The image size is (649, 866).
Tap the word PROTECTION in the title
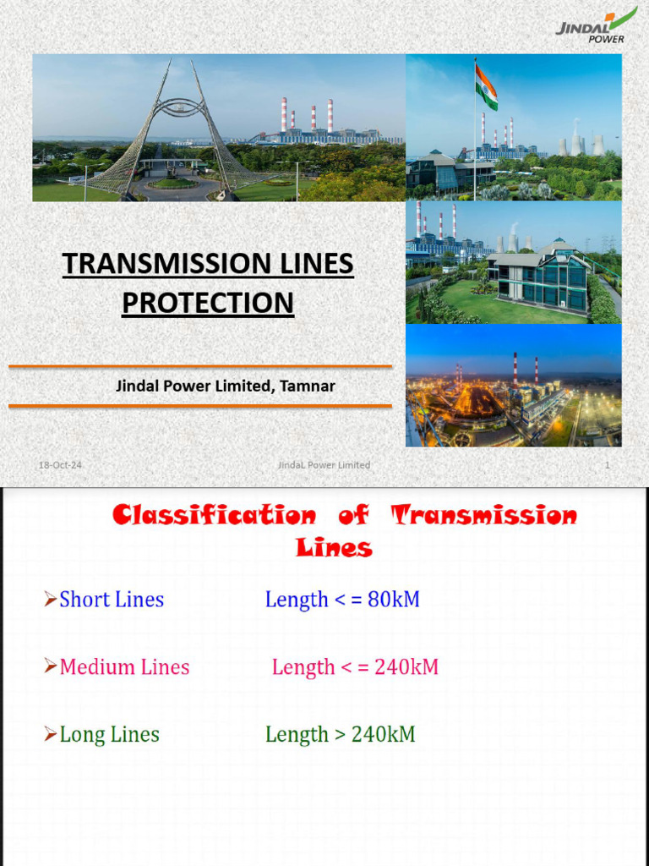[x=208, y=302]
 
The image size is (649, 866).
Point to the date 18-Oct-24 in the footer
[x=60, y=465]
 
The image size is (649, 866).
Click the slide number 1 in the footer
[x=607, y=465]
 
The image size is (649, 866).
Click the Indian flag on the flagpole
[x=485, y=85]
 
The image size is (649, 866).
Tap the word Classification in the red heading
[x=215, y=515]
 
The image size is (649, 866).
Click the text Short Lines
[x=112, y=600]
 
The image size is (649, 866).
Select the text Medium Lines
[x=124, y=667]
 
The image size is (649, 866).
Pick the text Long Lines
[x=109, y=735]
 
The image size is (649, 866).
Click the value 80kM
[x=394, y=600]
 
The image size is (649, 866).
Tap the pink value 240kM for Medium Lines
[x=406, y=667]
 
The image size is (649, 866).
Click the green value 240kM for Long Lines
[x=383, y=735]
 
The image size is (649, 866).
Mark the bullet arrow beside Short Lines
[x=50, y=600]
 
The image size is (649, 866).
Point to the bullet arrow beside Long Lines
[x=50, y=735]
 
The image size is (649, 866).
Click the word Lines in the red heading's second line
[x=334, y=548]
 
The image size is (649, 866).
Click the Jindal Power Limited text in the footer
[x=324, y=465]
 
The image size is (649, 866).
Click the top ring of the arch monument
[x=179, y=107]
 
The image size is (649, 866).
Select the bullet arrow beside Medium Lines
[x=50, y=667]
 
